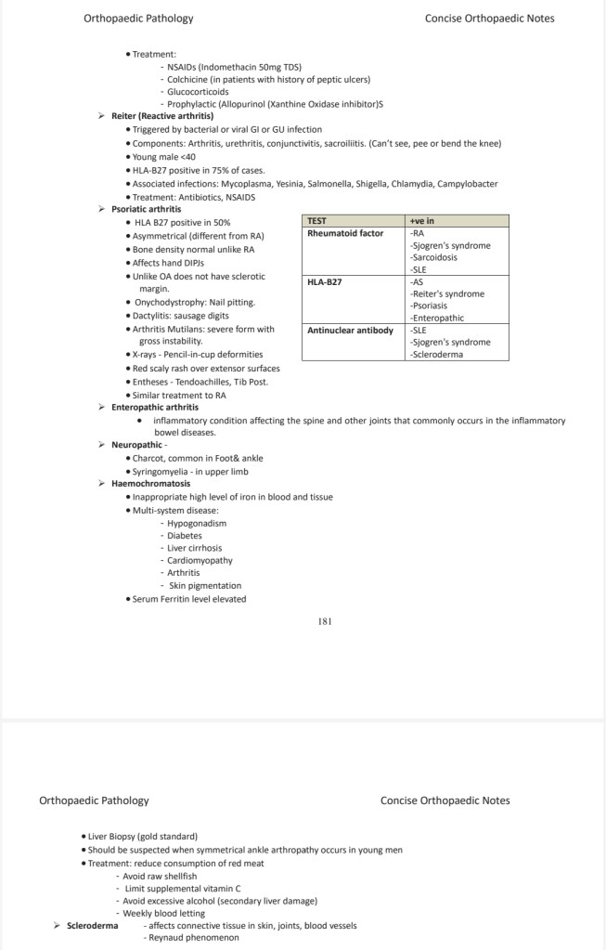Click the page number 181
pyautogui.click(x=325, y=620)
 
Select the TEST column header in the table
pyautogui.click(x=316, y=221)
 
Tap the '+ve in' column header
pyautogui.click(x=422, y=221)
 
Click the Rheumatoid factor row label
pyautogui.click(x=345, y=233)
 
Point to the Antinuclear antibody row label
pyautogui.click(x=350, y=330)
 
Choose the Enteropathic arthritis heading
pyautogui.click(x=155, y=407)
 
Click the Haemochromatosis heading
pyautogui.click(x=150, y=484)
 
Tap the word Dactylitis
pyautogui.click(x=152, y=316)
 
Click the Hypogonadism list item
pyautogui.click(x=197, y=523)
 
